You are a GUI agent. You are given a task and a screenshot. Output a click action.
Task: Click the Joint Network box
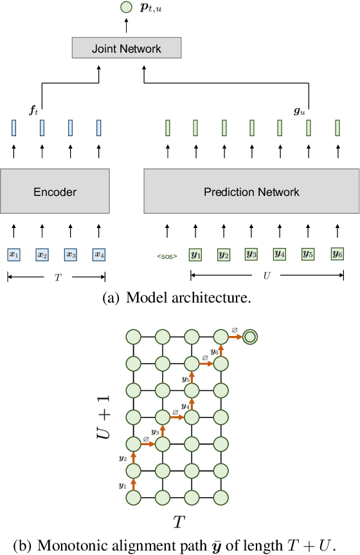pyautogui.click(x=126, y=48)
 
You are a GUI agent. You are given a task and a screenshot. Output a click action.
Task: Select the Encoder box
pyautogui.click(x=55, y=191)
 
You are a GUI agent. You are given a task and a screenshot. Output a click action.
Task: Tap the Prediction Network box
pyautogui.click(x=251, y=191)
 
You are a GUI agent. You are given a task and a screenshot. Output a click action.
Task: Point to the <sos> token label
pyautogui.click(x=167, y=256)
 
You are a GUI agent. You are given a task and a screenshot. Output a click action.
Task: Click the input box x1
pyautogui.click(x=14, y=254)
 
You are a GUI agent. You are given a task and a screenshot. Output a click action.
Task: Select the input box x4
pyautogui.click(x=98, y=254)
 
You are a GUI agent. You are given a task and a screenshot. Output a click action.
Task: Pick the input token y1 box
pyautogui.click(x=195, y=254)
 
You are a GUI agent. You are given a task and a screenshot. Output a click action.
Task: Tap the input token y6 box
pyautogui.click(x=337, y=254)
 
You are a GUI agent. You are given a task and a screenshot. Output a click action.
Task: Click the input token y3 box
pyautogui.click(x=251, y=254)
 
